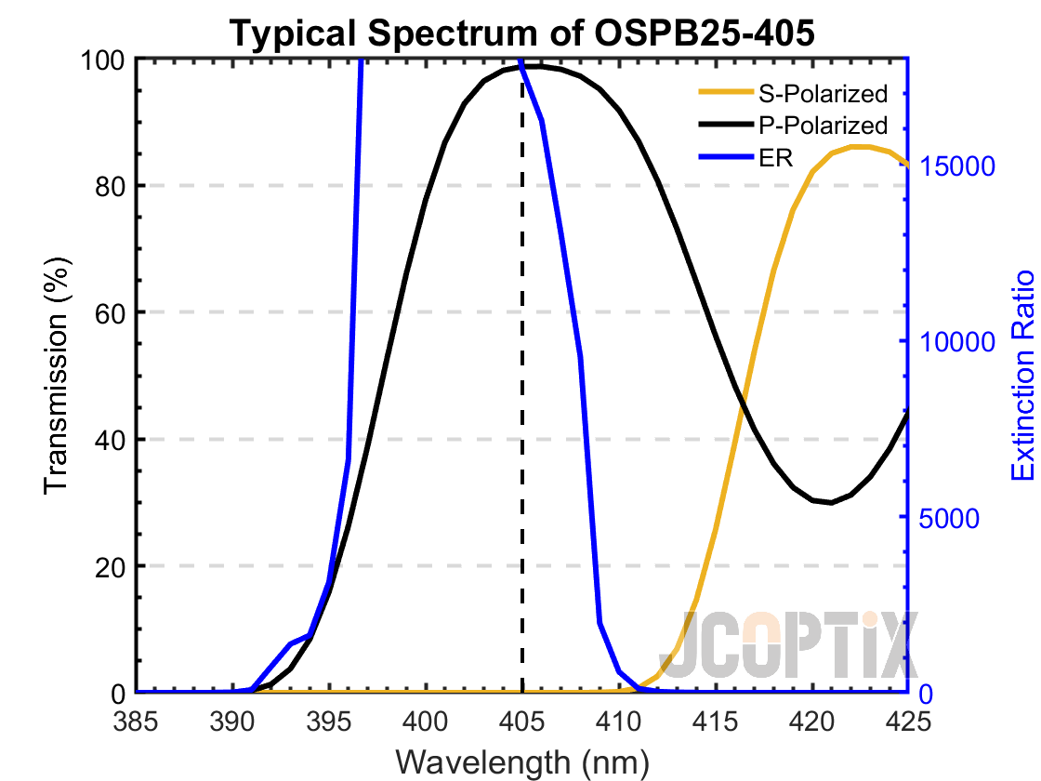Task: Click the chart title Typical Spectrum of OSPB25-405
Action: [522, 33]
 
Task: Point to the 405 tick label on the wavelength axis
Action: [522, 721]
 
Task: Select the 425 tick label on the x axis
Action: [907, 721]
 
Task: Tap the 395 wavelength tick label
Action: [330, 721]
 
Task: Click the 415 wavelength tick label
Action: [715, 721]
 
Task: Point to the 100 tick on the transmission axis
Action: [105, 60]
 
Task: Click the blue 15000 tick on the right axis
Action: [957, 166]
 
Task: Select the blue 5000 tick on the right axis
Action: [950, 518]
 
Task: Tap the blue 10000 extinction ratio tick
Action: [957, 342]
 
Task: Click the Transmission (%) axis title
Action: [58, 376]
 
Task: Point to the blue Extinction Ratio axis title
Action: [1022, 376]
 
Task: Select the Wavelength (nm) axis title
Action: [522, 761]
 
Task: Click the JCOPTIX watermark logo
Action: [795, 644]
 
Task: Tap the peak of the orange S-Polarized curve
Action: [859, 146]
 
